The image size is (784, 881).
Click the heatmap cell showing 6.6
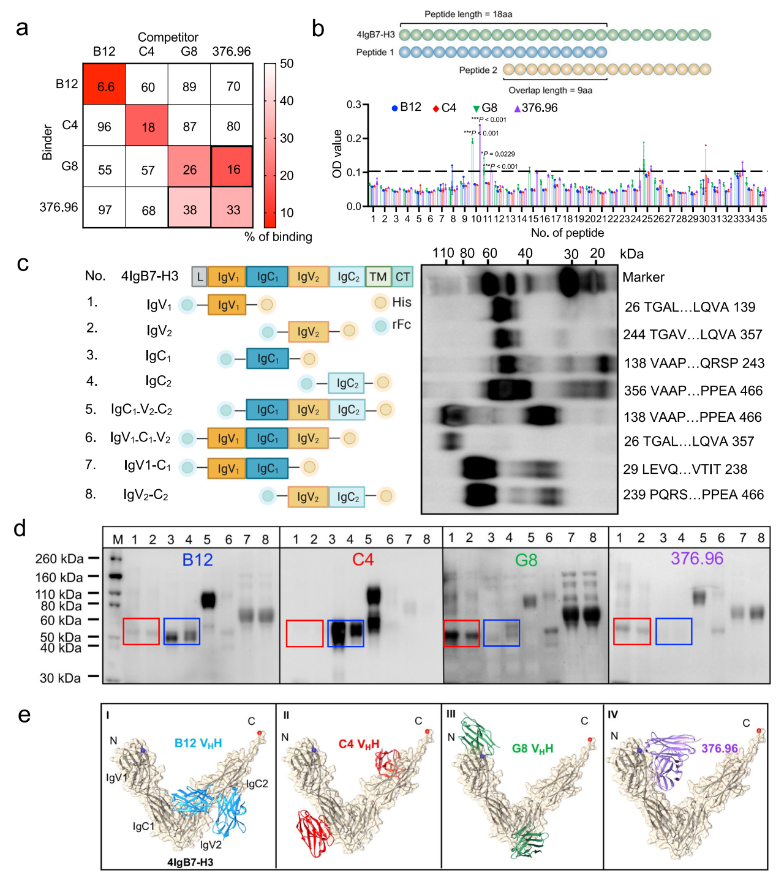(105, 86)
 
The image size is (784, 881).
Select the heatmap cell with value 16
(233, 169)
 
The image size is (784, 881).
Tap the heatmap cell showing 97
(105, 210)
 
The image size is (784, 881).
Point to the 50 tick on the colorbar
(287, 64)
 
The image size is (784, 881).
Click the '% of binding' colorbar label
(278, 237)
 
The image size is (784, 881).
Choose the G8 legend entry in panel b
(485, 108)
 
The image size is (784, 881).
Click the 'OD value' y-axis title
(337, 154)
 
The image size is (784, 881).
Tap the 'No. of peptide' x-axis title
(567, 233)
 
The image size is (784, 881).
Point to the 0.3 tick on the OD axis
(353, 105)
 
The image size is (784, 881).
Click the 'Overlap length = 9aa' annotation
(550, 91)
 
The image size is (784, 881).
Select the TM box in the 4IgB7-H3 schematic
(378, 277)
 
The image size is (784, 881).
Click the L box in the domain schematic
(200, 277)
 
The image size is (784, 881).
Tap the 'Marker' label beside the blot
(643, 277)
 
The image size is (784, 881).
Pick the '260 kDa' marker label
(59, 559)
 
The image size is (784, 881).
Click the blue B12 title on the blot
(197, 560)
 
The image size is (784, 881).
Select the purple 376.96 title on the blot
(696, 558)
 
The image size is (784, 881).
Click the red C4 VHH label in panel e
(359, 744)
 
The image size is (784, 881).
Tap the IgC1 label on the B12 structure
(144, 827)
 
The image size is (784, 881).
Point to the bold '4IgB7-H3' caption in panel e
(190, 863)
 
